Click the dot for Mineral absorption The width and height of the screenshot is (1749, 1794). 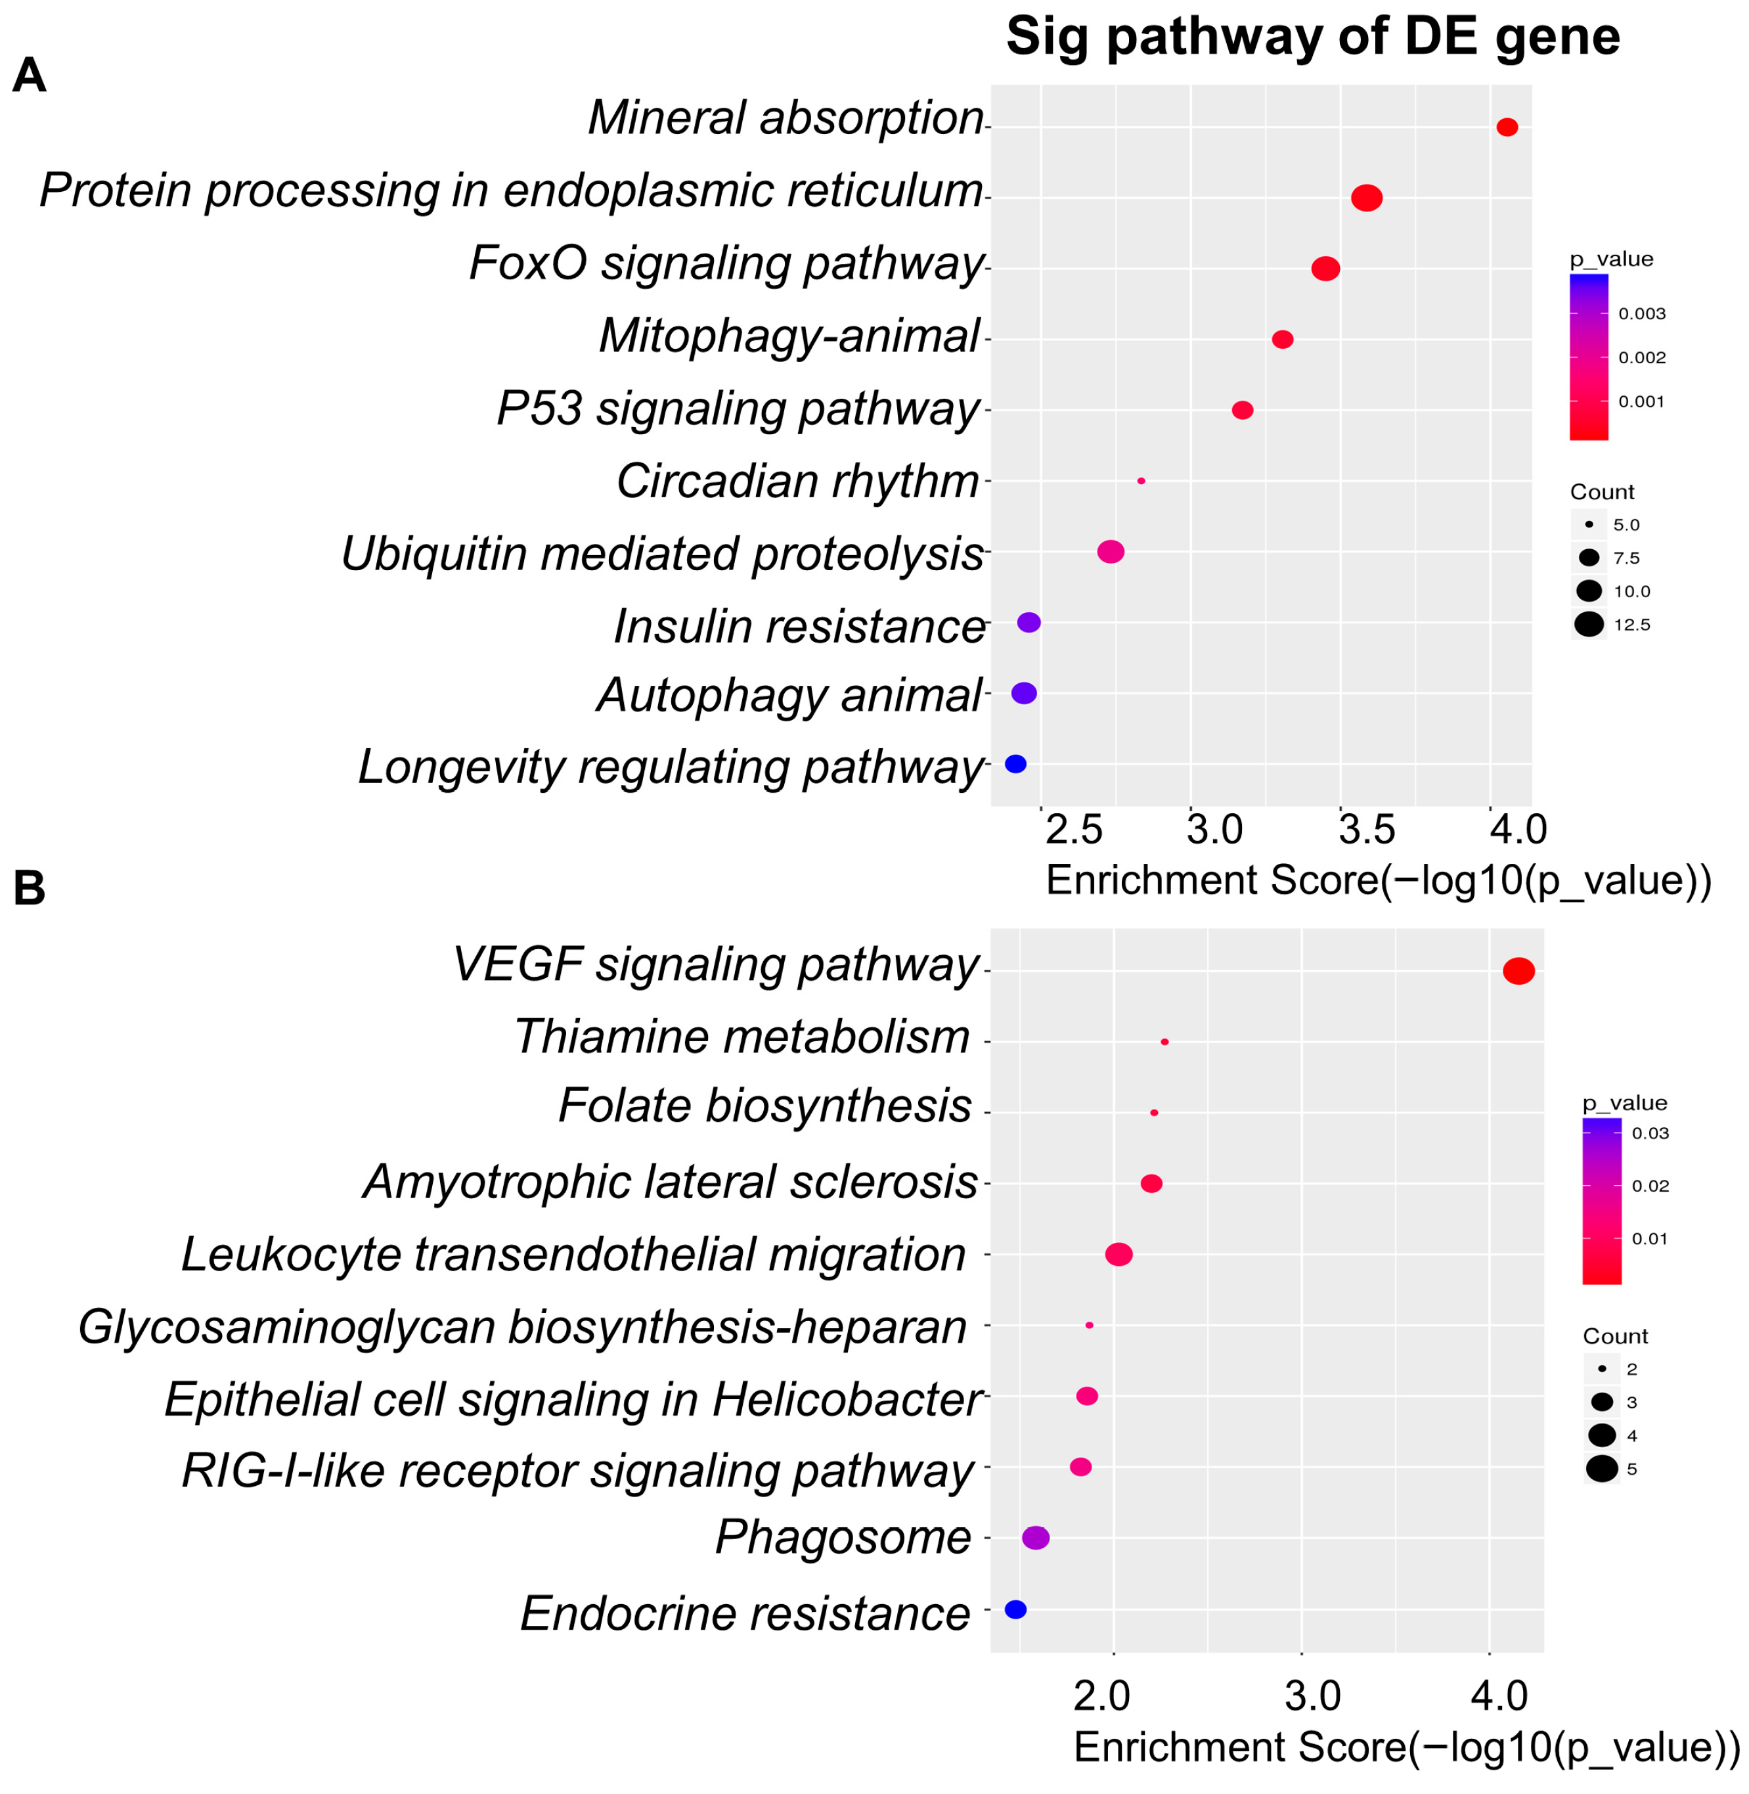(x=1507, y=127)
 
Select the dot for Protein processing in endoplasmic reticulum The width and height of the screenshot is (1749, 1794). (x=1367, y=198)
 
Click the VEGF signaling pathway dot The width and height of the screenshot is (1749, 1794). (x=1518, y=971)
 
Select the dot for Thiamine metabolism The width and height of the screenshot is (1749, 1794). (x=1164, y=1042)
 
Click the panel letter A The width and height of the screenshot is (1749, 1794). (x=30, y=76)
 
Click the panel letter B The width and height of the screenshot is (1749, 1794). (x=30, y=889)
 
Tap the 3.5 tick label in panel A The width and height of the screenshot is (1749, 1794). (x=1367, y=830)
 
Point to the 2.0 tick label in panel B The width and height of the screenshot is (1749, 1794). (x=1101, y=1695)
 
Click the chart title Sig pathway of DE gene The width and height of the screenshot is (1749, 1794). (x=1313, y=37)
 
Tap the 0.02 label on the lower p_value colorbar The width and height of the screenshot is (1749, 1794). (x=1650, y=1186)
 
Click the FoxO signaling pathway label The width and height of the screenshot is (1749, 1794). (x=726, y=263)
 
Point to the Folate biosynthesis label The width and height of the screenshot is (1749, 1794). (x=764, y=1106)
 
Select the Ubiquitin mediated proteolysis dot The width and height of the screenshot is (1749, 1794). (x=1111, y=552)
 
